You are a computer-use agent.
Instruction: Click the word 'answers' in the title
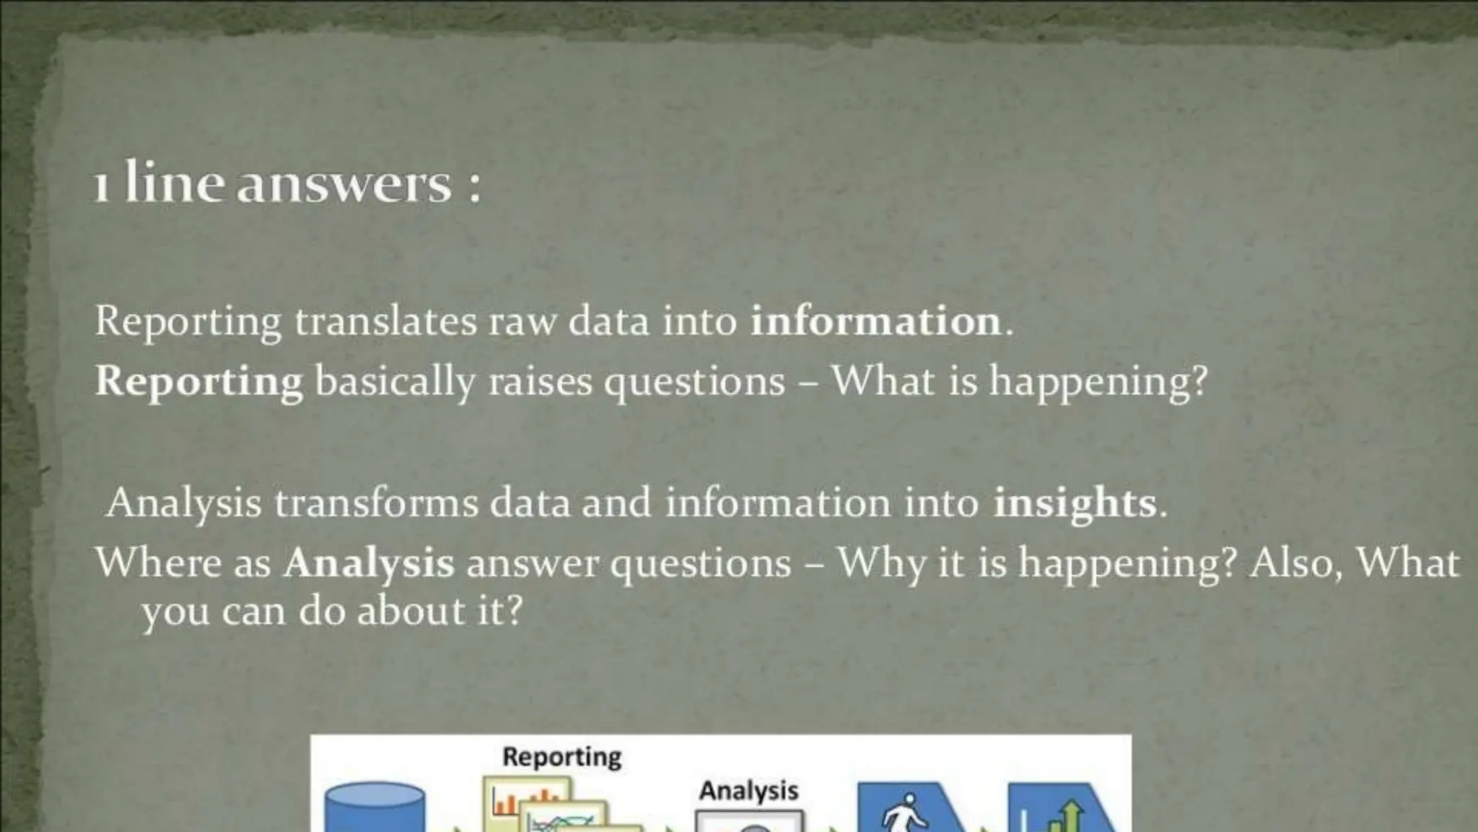pos(344,185)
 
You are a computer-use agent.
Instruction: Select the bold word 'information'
pos(876,321)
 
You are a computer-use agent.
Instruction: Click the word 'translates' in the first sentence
pos(385,321)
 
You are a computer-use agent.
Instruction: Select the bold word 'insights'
pos(1075,503)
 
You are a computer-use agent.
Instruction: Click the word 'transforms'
pos(375,503)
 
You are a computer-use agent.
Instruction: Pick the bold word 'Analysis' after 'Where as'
pos(369,563)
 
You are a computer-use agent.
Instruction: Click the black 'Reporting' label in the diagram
pos(561,757)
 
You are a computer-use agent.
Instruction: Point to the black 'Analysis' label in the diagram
pos(748,791)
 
